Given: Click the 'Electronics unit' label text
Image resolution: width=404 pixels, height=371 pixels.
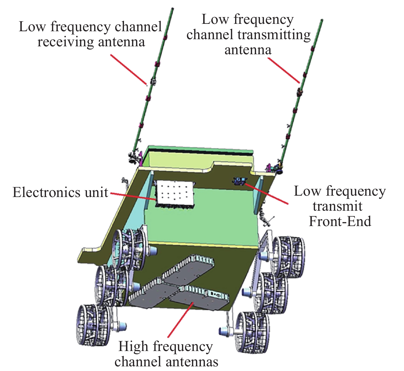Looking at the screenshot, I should [60, 192].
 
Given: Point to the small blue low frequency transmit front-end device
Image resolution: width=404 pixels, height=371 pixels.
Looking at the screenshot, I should [240, 181].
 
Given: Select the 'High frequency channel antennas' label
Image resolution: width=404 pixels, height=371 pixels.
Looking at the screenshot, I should [166, 354].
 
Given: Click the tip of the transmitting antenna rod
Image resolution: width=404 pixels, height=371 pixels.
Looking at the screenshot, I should [322, 21].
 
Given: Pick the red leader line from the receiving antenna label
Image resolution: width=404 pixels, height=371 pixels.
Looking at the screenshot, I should [129, 70].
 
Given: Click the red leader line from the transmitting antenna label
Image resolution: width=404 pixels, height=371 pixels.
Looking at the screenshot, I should [284, 70].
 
